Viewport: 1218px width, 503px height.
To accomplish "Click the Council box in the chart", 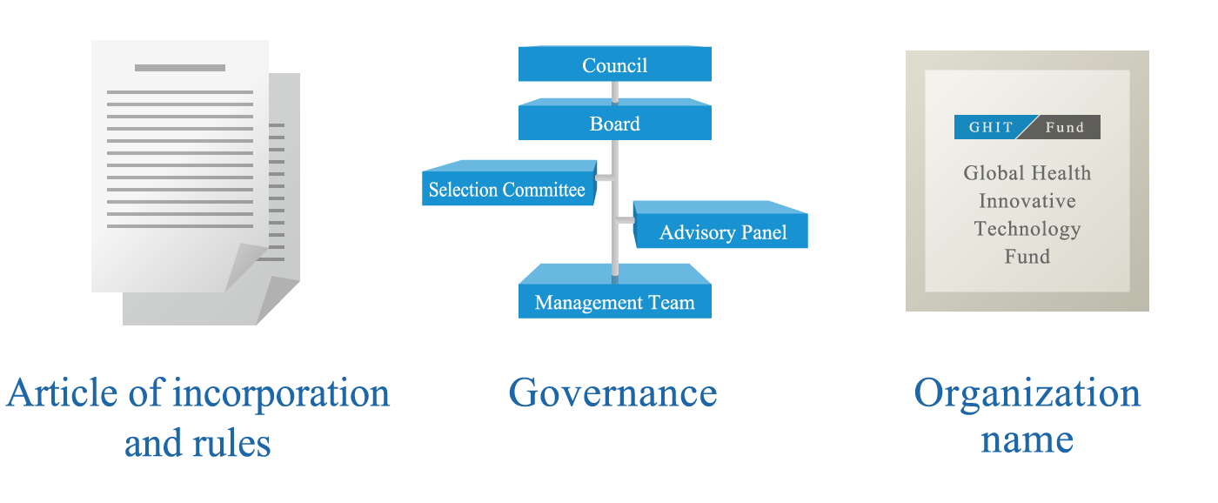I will (614, 65).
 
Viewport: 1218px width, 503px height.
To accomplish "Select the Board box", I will (614, 124).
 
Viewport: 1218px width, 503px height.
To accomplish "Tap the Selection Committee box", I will (506, 189).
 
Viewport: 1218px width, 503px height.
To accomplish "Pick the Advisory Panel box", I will (722, 232).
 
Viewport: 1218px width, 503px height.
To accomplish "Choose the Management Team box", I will (614, 302).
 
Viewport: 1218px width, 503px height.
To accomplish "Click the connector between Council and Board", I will (615, 91).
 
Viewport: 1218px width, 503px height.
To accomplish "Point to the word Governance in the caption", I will (612, 392).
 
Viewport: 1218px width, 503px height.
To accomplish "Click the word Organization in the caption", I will (1027, 394).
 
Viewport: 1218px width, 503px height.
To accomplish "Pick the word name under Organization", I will (1027, 439).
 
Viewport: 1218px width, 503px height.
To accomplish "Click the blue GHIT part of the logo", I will (991, 127).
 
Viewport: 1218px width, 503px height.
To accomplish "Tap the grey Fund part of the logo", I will (1065, 127).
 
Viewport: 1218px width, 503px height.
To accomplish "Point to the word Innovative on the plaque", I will (1027, 201).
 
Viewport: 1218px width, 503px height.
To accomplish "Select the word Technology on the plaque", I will (1027, 229).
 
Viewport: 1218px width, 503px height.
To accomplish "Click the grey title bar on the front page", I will (180, 68).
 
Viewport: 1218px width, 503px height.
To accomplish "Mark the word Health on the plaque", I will (1062, 173).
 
